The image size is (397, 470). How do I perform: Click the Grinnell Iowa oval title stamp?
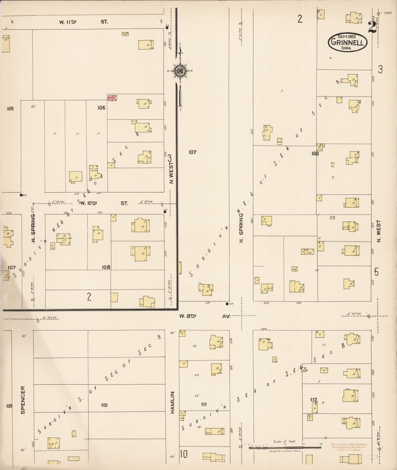(x=348, y=42)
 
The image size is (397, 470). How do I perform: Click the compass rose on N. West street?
(x=180, y=71)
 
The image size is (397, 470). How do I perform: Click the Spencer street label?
(x=23, y=400)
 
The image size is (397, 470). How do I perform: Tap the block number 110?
(x=104, y=405)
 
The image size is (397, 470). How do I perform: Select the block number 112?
(x=313, y=400)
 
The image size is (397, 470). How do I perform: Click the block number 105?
(x=10, y=108)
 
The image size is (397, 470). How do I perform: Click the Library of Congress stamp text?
(x=349, y=447)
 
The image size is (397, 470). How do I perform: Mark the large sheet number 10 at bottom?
(x=184, y=454)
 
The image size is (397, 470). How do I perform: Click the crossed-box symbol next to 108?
(x=320, y=147)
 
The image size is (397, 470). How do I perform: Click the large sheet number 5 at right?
(x=376, y=272)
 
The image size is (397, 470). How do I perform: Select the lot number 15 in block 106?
(x=55, y=133)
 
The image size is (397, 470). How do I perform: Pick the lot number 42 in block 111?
(x=195, y=346)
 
